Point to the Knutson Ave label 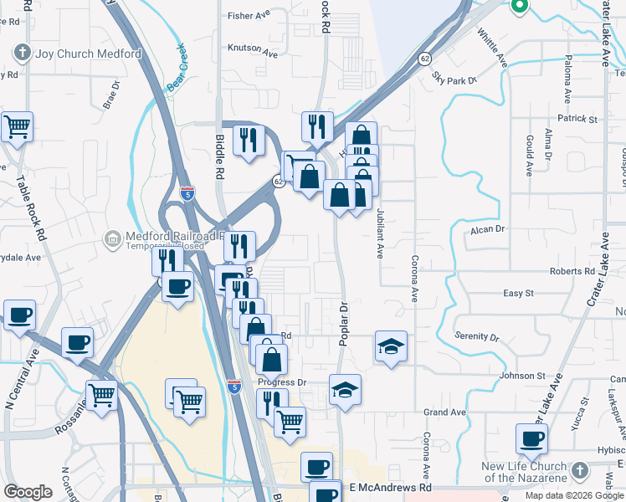(252, 49)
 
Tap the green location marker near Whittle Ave (518, 7)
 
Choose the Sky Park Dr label (454, 77)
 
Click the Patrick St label (578, 120)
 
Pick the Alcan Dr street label (489, 228)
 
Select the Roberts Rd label (572, 271)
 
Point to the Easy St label (518, 293)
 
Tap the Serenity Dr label (476, 336)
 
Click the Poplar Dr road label (343, 320)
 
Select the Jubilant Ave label (379, 232)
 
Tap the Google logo (28, 491)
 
